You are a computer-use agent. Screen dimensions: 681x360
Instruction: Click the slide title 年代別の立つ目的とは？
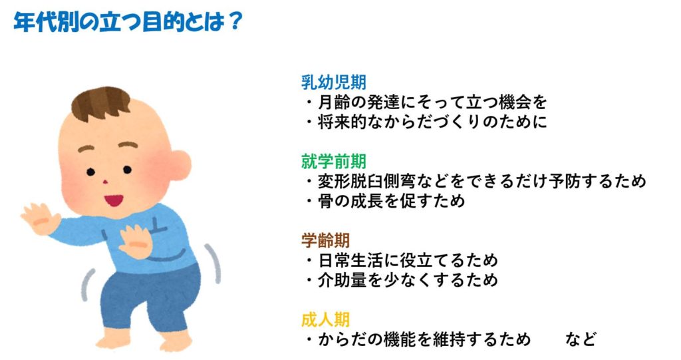[128, 22]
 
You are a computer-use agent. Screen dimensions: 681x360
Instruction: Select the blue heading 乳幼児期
[334, 82]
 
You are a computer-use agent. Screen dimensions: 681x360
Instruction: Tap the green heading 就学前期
[334, 161]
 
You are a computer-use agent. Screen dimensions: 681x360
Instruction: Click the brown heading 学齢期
[325, 240]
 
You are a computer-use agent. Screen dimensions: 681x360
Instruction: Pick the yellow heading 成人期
[325, 319]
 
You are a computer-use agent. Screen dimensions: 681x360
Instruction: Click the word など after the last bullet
[581, 339]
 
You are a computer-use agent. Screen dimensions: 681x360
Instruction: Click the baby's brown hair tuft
[101, 104]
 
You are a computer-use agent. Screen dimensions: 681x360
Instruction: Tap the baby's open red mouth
[113, 200]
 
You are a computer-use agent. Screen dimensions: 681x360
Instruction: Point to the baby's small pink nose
[105, 182]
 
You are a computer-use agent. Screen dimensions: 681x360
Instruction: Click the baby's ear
[178, 164]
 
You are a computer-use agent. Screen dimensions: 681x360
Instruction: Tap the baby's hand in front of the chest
[135, 242]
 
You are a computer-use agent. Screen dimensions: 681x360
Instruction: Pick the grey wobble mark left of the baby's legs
[87, 285]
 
